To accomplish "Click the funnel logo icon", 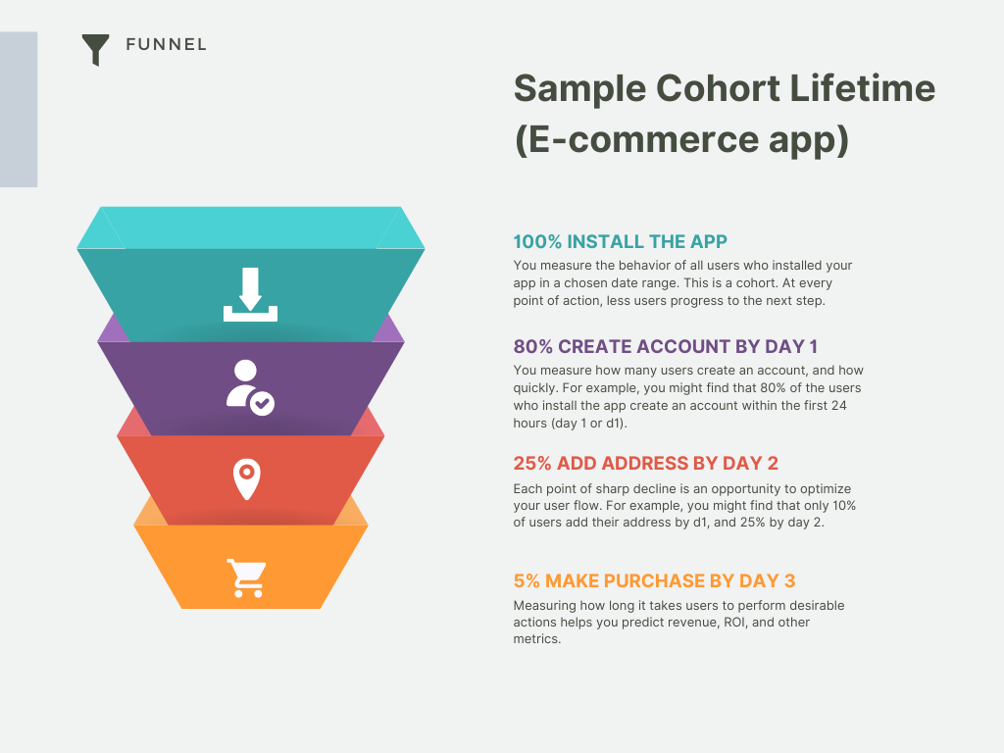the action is coord(95,49).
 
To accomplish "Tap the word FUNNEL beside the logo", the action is coord(167,44).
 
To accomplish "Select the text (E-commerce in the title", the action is coord(636,139).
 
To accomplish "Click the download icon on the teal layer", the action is coord(250,294).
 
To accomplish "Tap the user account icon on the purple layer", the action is coord(250,387).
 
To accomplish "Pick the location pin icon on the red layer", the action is coord(246,478).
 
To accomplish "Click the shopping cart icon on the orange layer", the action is coord(247,578).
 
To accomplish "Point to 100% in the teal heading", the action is coord(537,241).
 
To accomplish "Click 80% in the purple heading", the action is coord(532,346).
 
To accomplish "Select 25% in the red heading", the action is coord(532,463).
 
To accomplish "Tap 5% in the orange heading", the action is coord(527,580).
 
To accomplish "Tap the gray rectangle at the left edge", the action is coord(19,110).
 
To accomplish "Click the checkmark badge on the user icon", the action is coord(262,403).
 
